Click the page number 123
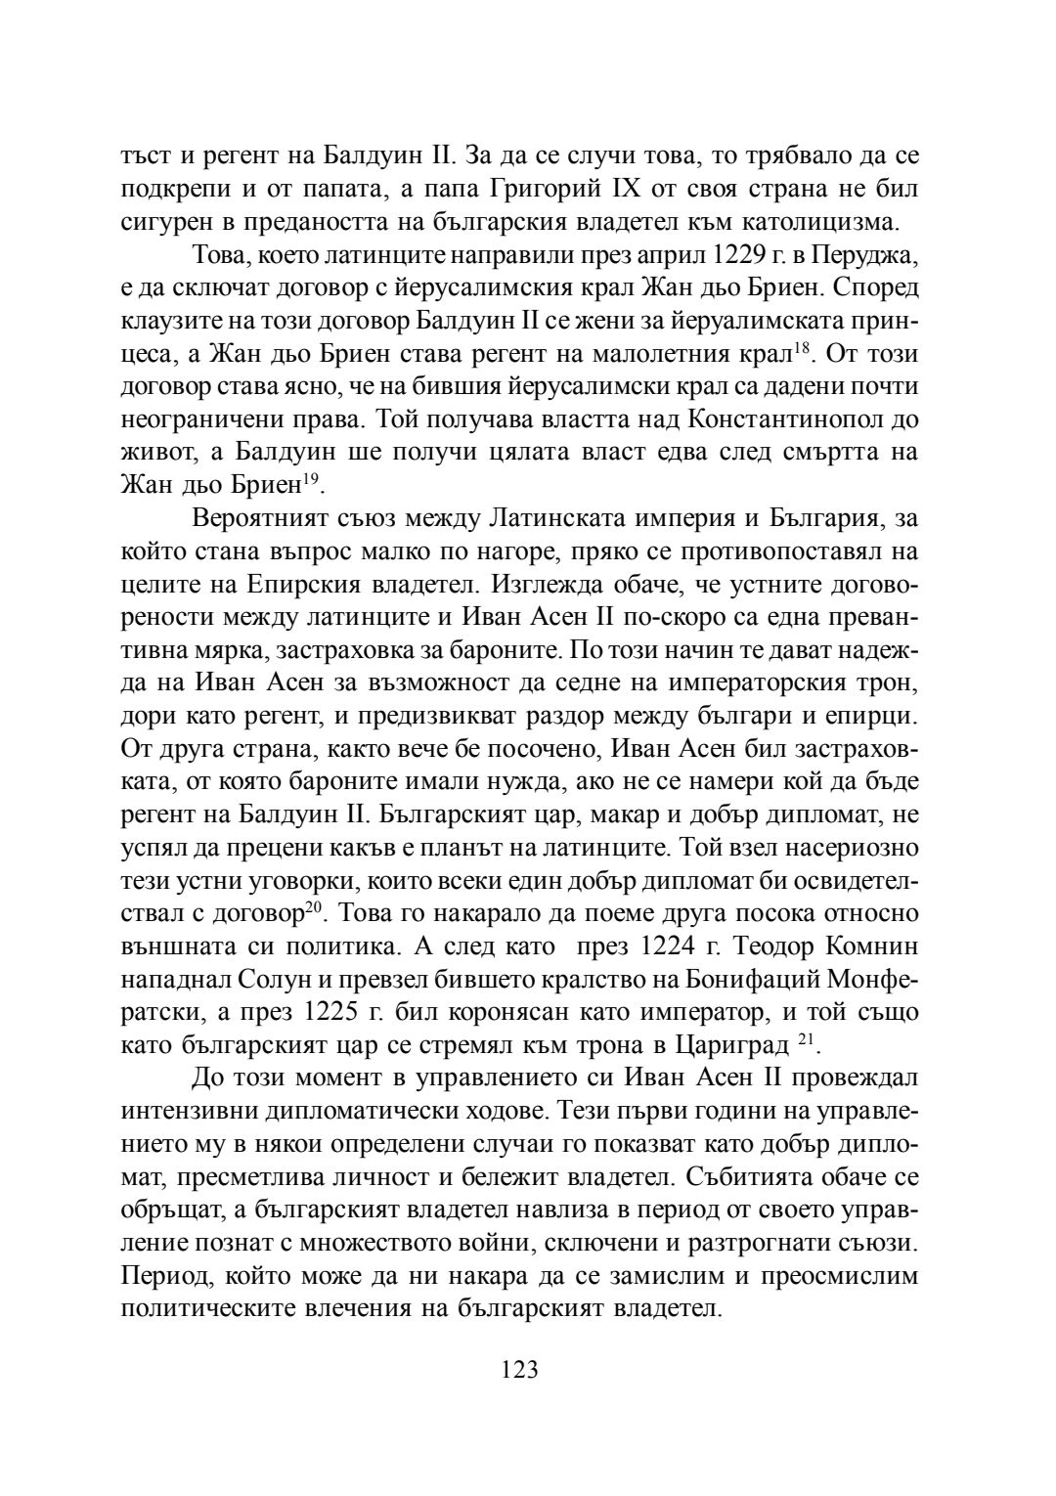coord(519,1369)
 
